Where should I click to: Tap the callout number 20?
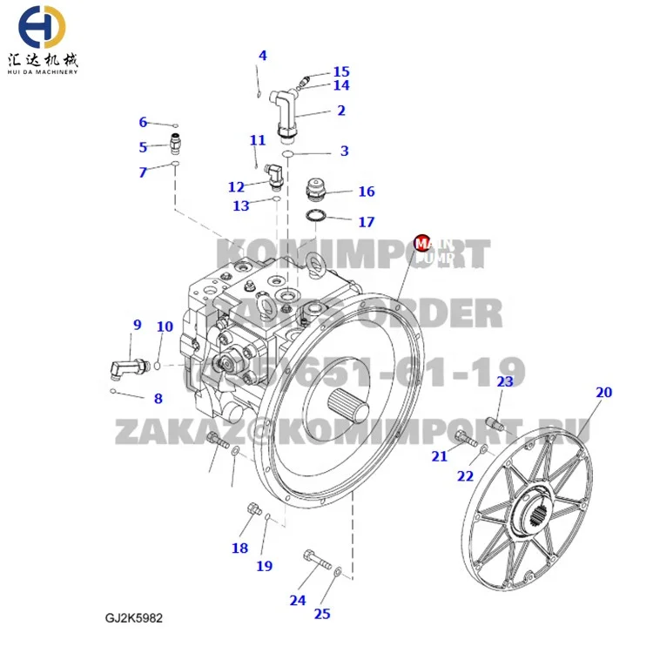click(x=603, y=393)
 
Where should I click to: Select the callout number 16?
click(x=367, y=192)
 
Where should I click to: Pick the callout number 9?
click(x=137, y=326)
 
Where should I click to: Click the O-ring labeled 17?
click(x=317, y=215)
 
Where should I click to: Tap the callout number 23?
click(x=505, y=381)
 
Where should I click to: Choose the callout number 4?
click(x=262, y=56)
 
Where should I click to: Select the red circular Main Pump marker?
click(x=422, y=241)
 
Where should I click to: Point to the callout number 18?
click(x=239, y=548)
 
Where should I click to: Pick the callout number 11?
click(x=257, y=140)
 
